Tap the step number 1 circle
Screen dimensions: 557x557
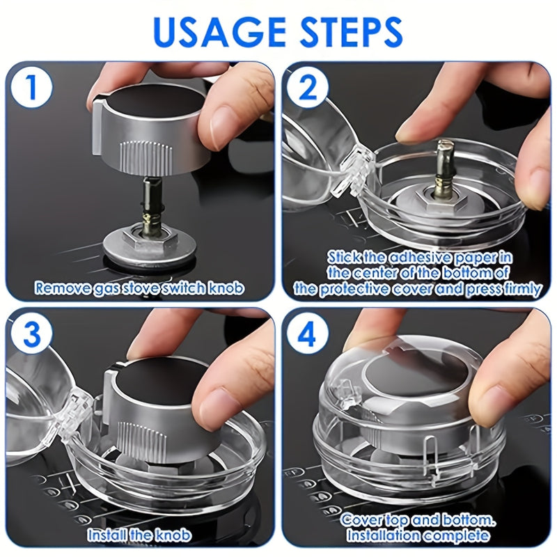31,86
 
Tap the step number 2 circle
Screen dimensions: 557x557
308,88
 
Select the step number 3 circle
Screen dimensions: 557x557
31,334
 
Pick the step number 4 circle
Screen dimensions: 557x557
308,334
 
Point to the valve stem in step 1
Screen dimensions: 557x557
152,203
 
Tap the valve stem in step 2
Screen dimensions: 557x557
445,166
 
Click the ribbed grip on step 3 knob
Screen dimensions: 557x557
141,441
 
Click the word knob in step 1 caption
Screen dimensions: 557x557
227,288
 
